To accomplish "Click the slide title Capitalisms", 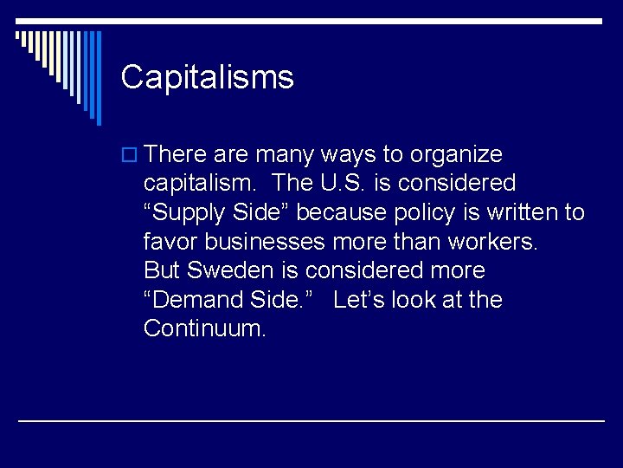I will pyautogui.click(x=208, y=77).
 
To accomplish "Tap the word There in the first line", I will pyautogui.click(x=177, y=154).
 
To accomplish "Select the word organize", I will pyautogui.click(x=456, y=155).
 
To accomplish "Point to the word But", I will pyautogui.click(x=162, y=270).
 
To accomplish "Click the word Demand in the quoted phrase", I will pyautogui.click(x=197, y=300).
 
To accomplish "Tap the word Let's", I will pyautogui.click(x=358, y=300).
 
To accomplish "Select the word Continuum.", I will pyautogui.click(x=205, y=328).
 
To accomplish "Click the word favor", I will pyautogui.click(x=172, y=242).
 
